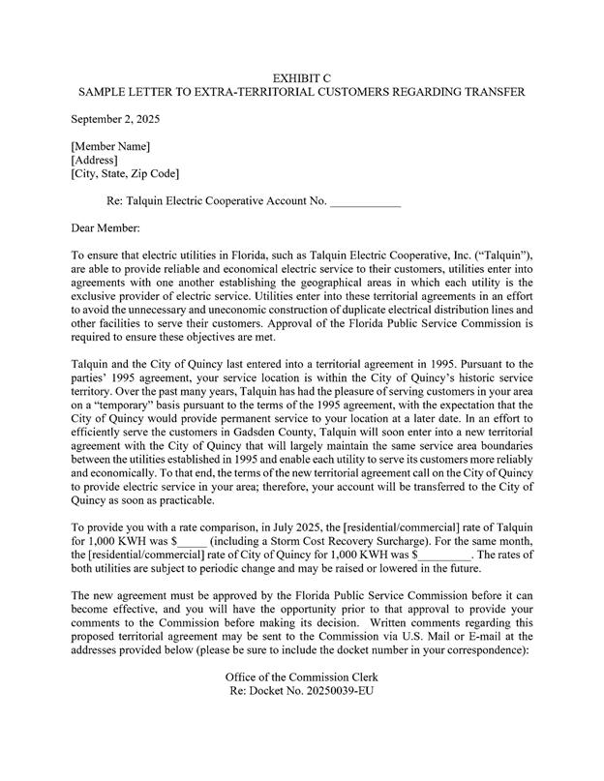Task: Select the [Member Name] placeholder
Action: tap(110, 146)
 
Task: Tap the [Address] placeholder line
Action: tap(95, 160)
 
